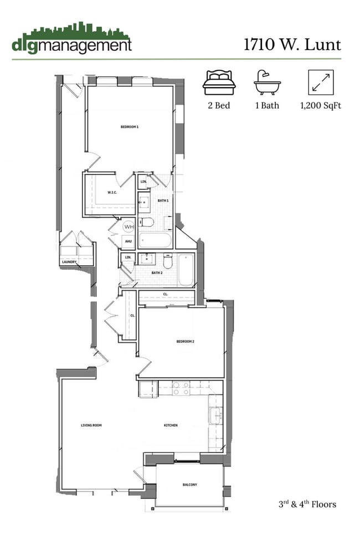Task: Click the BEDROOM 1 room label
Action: coord(130,127)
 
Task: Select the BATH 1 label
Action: coord(163,200)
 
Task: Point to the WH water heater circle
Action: coord(128,227)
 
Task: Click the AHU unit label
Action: coord(128,241)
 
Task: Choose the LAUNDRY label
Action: coord(69,262)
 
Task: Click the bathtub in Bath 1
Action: coord(156,241)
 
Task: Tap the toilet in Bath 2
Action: coord(169,260)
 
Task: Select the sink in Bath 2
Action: coord(147,259)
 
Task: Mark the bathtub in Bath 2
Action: coord(186,270)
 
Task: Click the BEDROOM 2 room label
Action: coord(185,342)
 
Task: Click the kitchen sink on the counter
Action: coord(215,414)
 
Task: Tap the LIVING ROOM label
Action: coord(91,425)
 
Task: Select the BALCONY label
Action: coord(190,485)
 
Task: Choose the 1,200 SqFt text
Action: coord(320,105)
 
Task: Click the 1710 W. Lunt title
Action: coord(292,44)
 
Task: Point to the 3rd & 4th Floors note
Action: coord(307,504)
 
